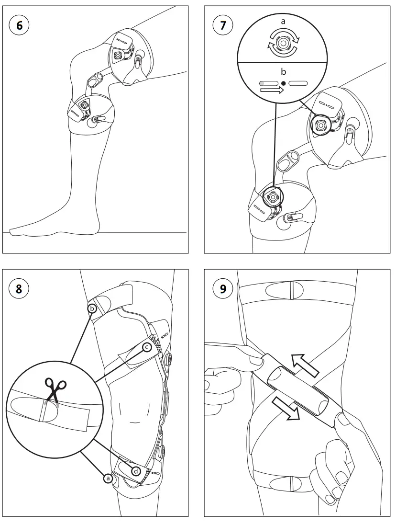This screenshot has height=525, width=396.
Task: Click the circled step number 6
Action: pos(19,26)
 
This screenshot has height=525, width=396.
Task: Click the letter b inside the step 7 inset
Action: pos(283,72)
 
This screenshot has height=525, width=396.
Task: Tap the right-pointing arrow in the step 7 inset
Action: pos(272,91)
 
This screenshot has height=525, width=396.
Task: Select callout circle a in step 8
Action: pos(108,478)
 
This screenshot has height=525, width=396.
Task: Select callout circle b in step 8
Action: pos(92,308)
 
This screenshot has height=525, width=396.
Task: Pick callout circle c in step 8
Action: pos(147,346)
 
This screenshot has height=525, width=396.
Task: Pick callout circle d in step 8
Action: pos(136,471)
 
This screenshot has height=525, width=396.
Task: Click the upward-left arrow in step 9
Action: pos(306,362)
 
